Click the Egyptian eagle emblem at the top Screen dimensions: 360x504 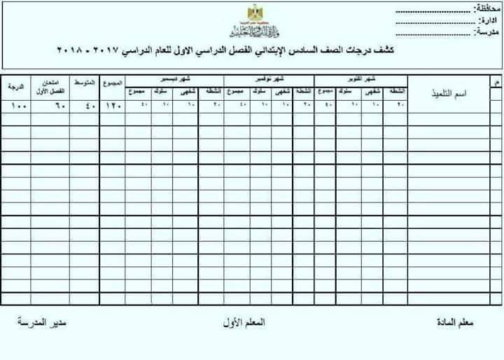[252, 13]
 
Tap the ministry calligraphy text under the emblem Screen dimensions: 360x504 [252, 29]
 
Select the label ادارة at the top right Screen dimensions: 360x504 [489, 21]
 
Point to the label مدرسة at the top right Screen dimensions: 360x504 [487, 32]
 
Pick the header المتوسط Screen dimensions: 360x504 [85, 83]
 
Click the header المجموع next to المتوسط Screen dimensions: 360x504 [112, 83]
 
